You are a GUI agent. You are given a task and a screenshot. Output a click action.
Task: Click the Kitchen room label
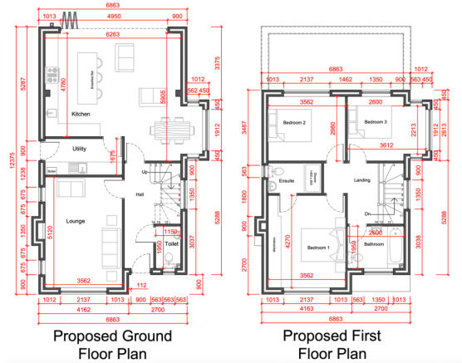81,114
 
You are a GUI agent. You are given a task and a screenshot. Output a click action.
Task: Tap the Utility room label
80,149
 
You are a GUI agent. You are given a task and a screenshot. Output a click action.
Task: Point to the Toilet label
173,245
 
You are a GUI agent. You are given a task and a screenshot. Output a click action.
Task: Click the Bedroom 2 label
295,123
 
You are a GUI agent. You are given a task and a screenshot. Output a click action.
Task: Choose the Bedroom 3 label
376,122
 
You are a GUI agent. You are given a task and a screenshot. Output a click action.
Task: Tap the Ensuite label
288,179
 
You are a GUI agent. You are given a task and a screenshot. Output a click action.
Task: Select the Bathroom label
373,244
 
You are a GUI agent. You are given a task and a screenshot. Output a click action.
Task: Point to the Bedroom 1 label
319,248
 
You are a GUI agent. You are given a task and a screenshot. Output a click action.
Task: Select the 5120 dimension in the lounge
51,232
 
